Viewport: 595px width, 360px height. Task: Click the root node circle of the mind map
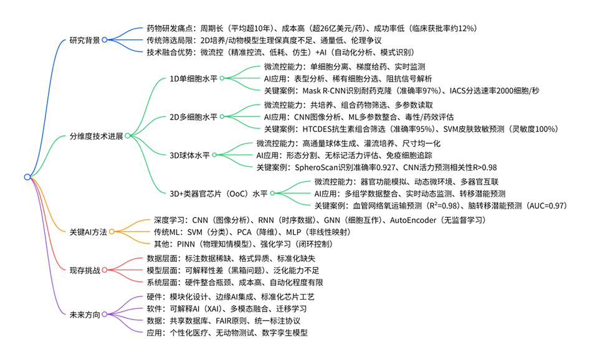tap(27, 177)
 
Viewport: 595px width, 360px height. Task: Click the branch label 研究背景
tap(85, 40)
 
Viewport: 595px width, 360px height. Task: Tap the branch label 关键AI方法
tap(88, 232)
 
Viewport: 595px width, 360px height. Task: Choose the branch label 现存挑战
tap(85, 270)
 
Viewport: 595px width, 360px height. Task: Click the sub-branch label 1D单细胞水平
tap(194, 78)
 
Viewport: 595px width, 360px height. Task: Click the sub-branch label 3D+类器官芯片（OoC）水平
tap(220, 193)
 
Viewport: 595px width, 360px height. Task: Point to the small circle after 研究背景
tap(105, 40)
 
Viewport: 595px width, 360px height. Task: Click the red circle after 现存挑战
tap(105, 270)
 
